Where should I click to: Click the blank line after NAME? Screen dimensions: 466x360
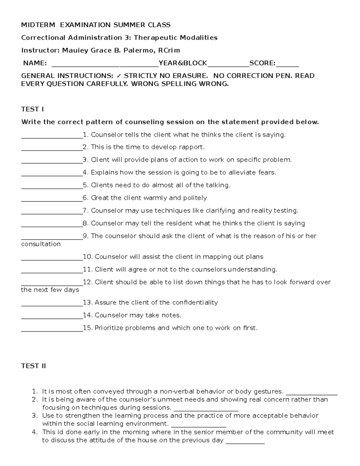[105, 64]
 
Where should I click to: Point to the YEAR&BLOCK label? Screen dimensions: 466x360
[183, 63]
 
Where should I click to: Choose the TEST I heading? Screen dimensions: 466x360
[32, 109]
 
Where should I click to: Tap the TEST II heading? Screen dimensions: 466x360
[33, 366]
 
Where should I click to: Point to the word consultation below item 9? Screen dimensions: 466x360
[41, 244]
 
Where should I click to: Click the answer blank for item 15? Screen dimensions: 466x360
[52, 329]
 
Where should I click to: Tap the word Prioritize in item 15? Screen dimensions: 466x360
[109, 328]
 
